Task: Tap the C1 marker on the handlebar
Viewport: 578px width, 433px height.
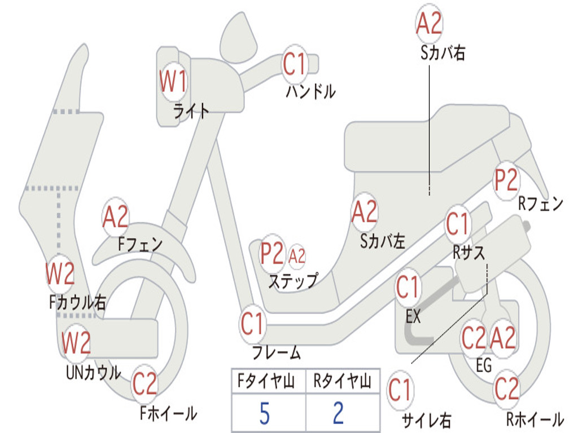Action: [x=294, y=64]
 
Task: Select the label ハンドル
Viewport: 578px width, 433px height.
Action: [x=310, y=91]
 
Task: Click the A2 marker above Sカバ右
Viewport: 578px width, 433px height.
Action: [x=429, y=24]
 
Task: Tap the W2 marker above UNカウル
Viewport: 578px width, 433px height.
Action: [x=76, y=342]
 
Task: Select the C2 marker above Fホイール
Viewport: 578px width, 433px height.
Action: [x=145, y=385]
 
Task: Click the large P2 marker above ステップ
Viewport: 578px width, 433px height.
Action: [x=272, y=254]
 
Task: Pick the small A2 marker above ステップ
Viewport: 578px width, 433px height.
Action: [x=297, y=257]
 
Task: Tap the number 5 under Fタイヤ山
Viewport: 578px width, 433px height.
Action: [x=265, y=414]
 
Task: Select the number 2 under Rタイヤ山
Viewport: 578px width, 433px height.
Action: [x=339, y=414]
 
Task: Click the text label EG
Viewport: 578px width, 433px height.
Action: [x=484, y=365]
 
